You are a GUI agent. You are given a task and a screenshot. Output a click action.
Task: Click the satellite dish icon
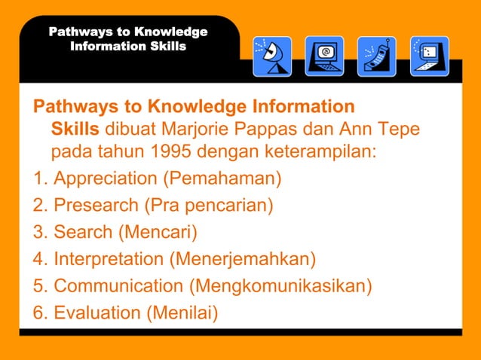(272, 56)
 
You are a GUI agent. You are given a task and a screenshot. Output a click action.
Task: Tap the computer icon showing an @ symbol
(324, 56)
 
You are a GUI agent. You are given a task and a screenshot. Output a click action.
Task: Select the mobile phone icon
(377, 56)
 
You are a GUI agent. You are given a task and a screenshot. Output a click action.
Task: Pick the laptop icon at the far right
(430, 56)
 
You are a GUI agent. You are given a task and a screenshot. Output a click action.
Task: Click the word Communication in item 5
(119, 286)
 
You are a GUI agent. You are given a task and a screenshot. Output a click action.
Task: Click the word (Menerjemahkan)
(242, 259)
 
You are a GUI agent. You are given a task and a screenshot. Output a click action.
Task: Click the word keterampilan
(320, 154)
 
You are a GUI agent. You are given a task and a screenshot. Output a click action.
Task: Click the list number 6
(39, 312)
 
